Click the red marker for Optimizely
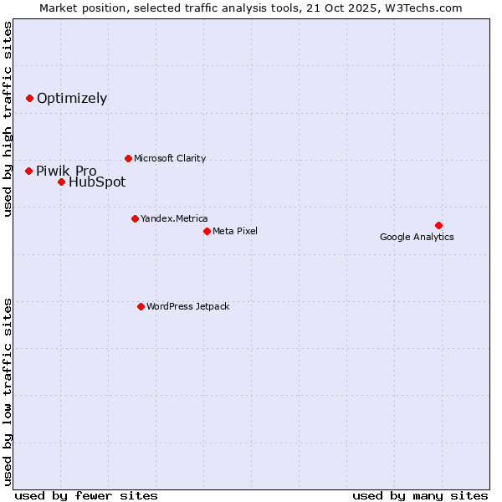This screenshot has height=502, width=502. [x=29, y=98]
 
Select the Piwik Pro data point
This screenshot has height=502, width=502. [x=28, y=171]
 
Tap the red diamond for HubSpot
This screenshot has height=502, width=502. [x=61, y=182]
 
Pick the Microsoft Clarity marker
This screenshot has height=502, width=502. [x=128, y=158]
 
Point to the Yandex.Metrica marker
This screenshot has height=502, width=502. [x=135, y=218]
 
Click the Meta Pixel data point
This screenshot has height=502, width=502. [x=207, y=231]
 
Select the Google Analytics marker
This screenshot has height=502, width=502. [x=438, y=225]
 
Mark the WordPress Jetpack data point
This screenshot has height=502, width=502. [x=141, y=306]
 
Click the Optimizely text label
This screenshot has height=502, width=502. [x=72, y=98]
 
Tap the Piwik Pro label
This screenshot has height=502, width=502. [x=66, y=171]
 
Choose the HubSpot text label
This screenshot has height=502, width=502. [x=97, y=182]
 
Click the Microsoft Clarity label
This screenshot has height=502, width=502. [x=170, y=158]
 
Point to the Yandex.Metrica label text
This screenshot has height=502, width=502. [x=174, y=218]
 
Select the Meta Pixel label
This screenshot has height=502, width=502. [x=235, y=231]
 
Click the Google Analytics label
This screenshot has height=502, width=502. [x=417, y=237]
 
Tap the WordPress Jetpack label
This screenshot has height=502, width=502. [x=187, y=306]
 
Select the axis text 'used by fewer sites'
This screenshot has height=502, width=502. [x=86, y=495]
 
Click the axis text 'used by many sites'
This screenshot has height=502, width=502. [x=420, y=495]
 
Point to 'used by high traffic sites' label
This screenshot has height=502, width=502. [x=8, y=119]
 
